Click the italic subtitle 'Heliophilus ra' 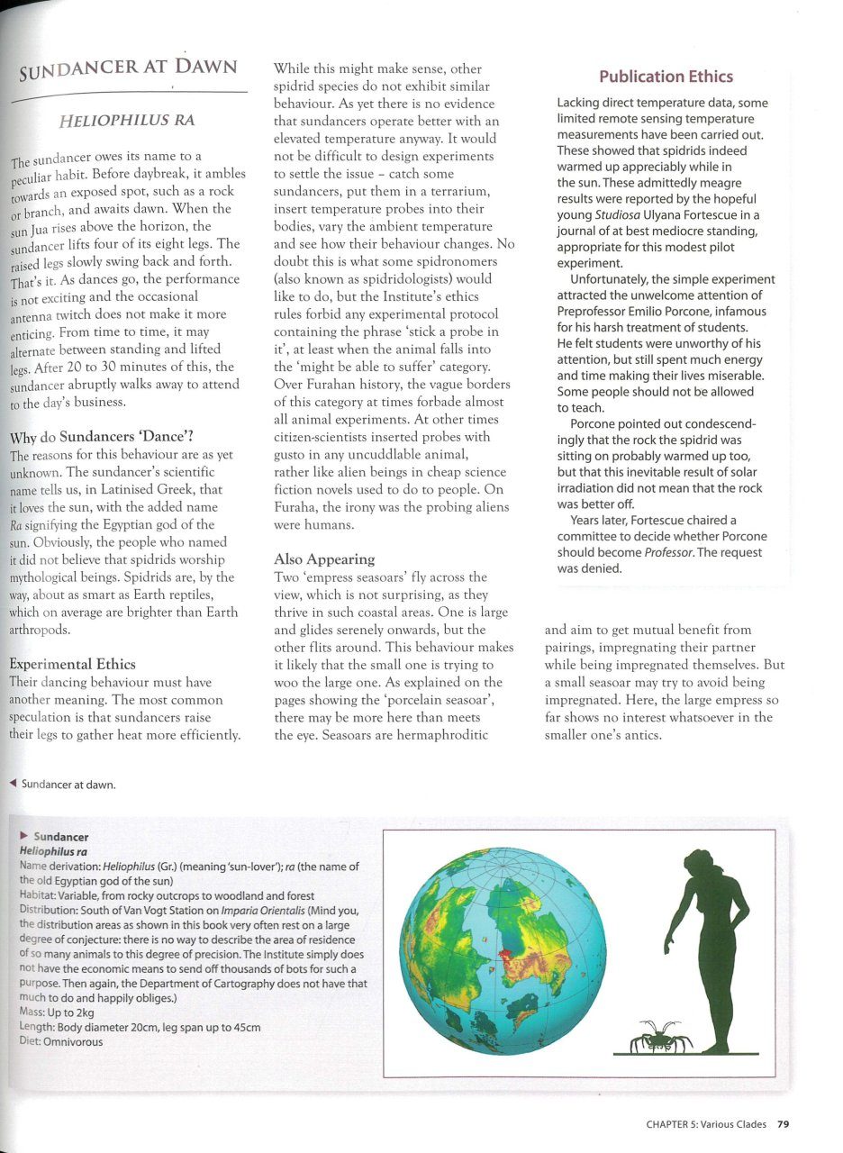[x=126, y=120]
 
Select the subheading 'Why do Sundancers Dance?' [x=95, y=439]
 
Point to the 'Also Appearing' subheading [x=323, y=558]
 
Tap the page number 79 [x=783, y=1123]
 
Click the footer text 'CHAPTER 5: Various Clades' [x=706, y=1123]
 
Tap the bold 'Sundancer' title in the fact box [x=60, y=836]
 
